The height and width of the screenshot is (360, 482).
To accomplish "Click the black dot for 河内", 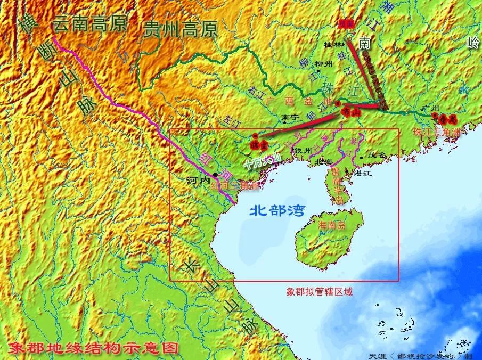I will click(x=215, y=175).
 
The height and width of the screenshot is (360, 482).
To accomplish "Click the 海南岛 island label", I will click(x=331, y=226).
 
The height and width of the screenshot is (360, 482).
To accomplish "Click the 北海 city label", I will click(x=325, y=160).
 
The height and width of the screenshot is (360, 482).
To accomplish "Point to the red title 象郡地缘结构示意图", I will click(x=93, y=348).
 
